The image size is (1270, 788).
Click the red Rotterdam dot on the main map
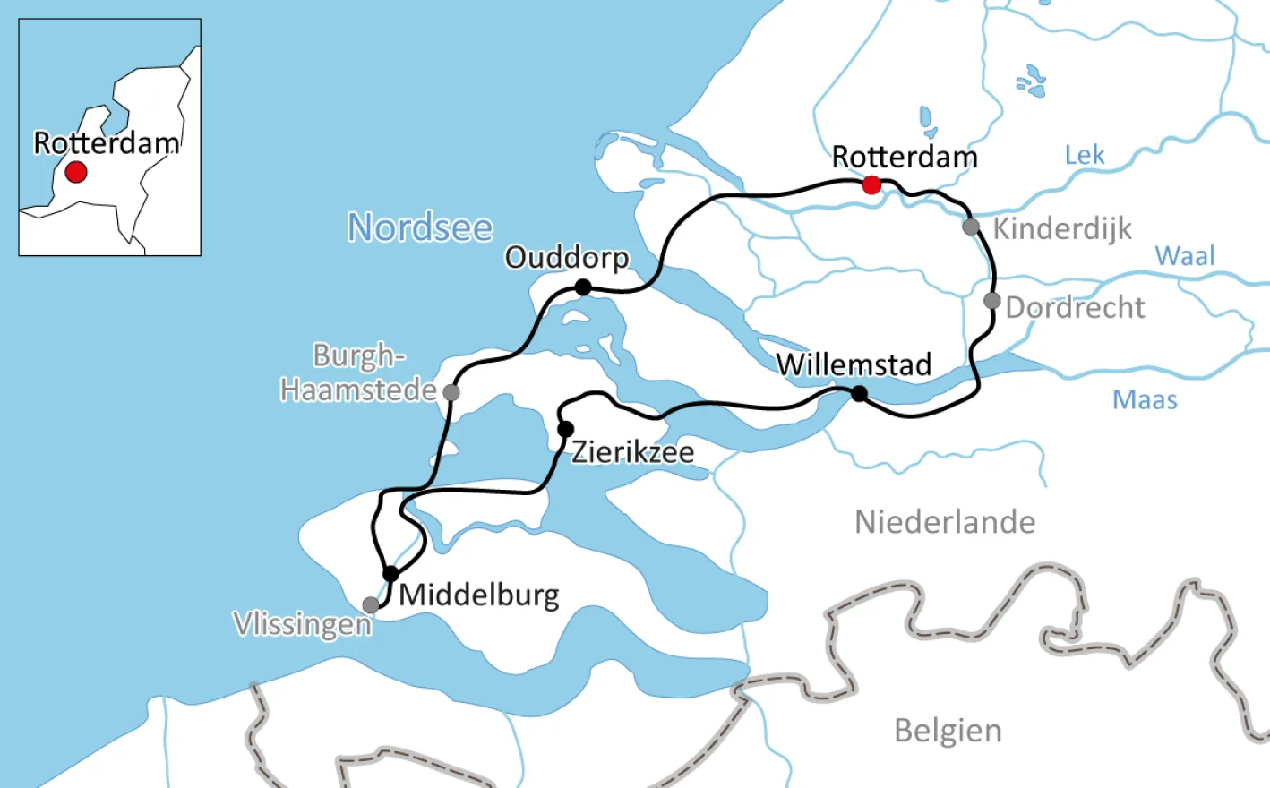click(871, 185)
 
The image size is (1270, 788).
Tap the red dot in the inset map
click(76, 171)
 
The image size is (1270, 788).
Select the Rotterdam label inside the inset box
click(106, 143)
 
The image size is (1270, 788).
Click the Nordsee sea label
click(420, 227)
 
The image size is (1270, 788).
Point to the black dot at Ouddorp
click(583, 287)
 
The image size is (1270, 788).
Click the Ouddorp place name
click(567, 258)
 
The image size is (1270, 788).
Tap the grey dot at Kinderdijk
click(971, 227)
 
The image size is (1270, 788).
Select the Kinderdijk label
click(1062, 229)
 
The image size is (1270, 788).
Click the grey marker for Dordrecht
click(991, 301)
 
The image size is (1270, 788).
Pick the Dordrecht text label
click(1075, 308)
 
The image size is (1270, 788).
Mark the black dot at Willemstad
click(859, 393)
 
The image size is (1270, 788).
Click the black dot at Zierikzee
click(565, 430)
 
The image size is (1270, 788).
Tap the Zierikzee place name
click(632, 452)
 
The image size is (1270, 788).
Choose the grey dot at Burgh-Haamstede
click(451, 392)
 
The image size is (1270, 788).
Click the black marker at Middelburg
click(390, 574)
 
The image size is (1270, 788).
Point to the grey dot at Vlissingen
click(370, 605)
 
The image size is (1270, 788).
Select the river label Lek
click(1085, 155)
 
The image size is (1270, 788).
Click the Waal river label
click(1185, 256)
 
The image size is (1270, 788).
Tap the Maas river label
click(1145, 399)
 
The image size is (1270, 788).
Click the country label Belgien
click(948, 731)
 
